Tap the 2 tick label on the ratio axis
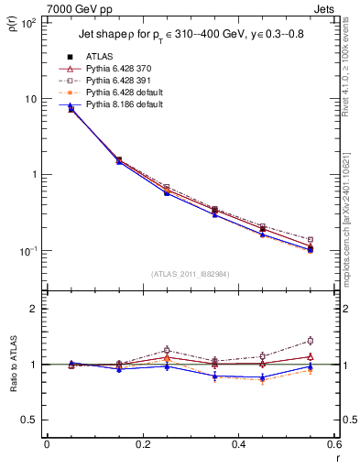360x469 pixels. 37,309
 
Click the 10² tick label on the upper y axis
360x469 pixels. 30,23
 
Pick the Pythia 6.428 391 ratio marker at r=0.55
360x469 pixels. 310,341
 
